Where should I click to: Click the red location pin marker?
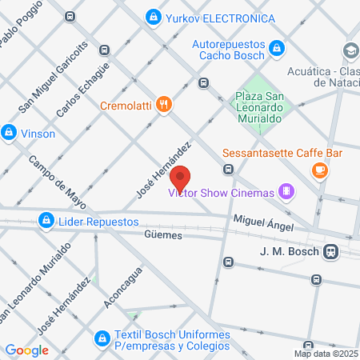coord(180,180)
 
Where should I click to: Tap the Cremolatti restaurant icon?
coord(164,105)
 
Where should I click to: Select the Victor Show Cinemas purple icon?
coord(286,191)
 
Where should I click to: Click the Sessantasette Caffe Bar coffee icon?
coord(319,169)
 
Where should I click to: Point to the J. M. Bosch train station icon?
coord(329,251)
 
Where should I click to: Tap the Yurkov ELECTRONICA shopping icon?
coord(153,17)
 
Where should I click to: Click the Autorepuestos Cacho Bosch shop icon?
coord(276,48)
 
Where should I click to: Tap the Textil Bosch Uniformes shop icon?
coord(102,339)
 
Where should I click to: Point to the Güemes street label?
coord(164,236)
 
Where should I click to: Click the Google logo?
coord(26,350)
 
